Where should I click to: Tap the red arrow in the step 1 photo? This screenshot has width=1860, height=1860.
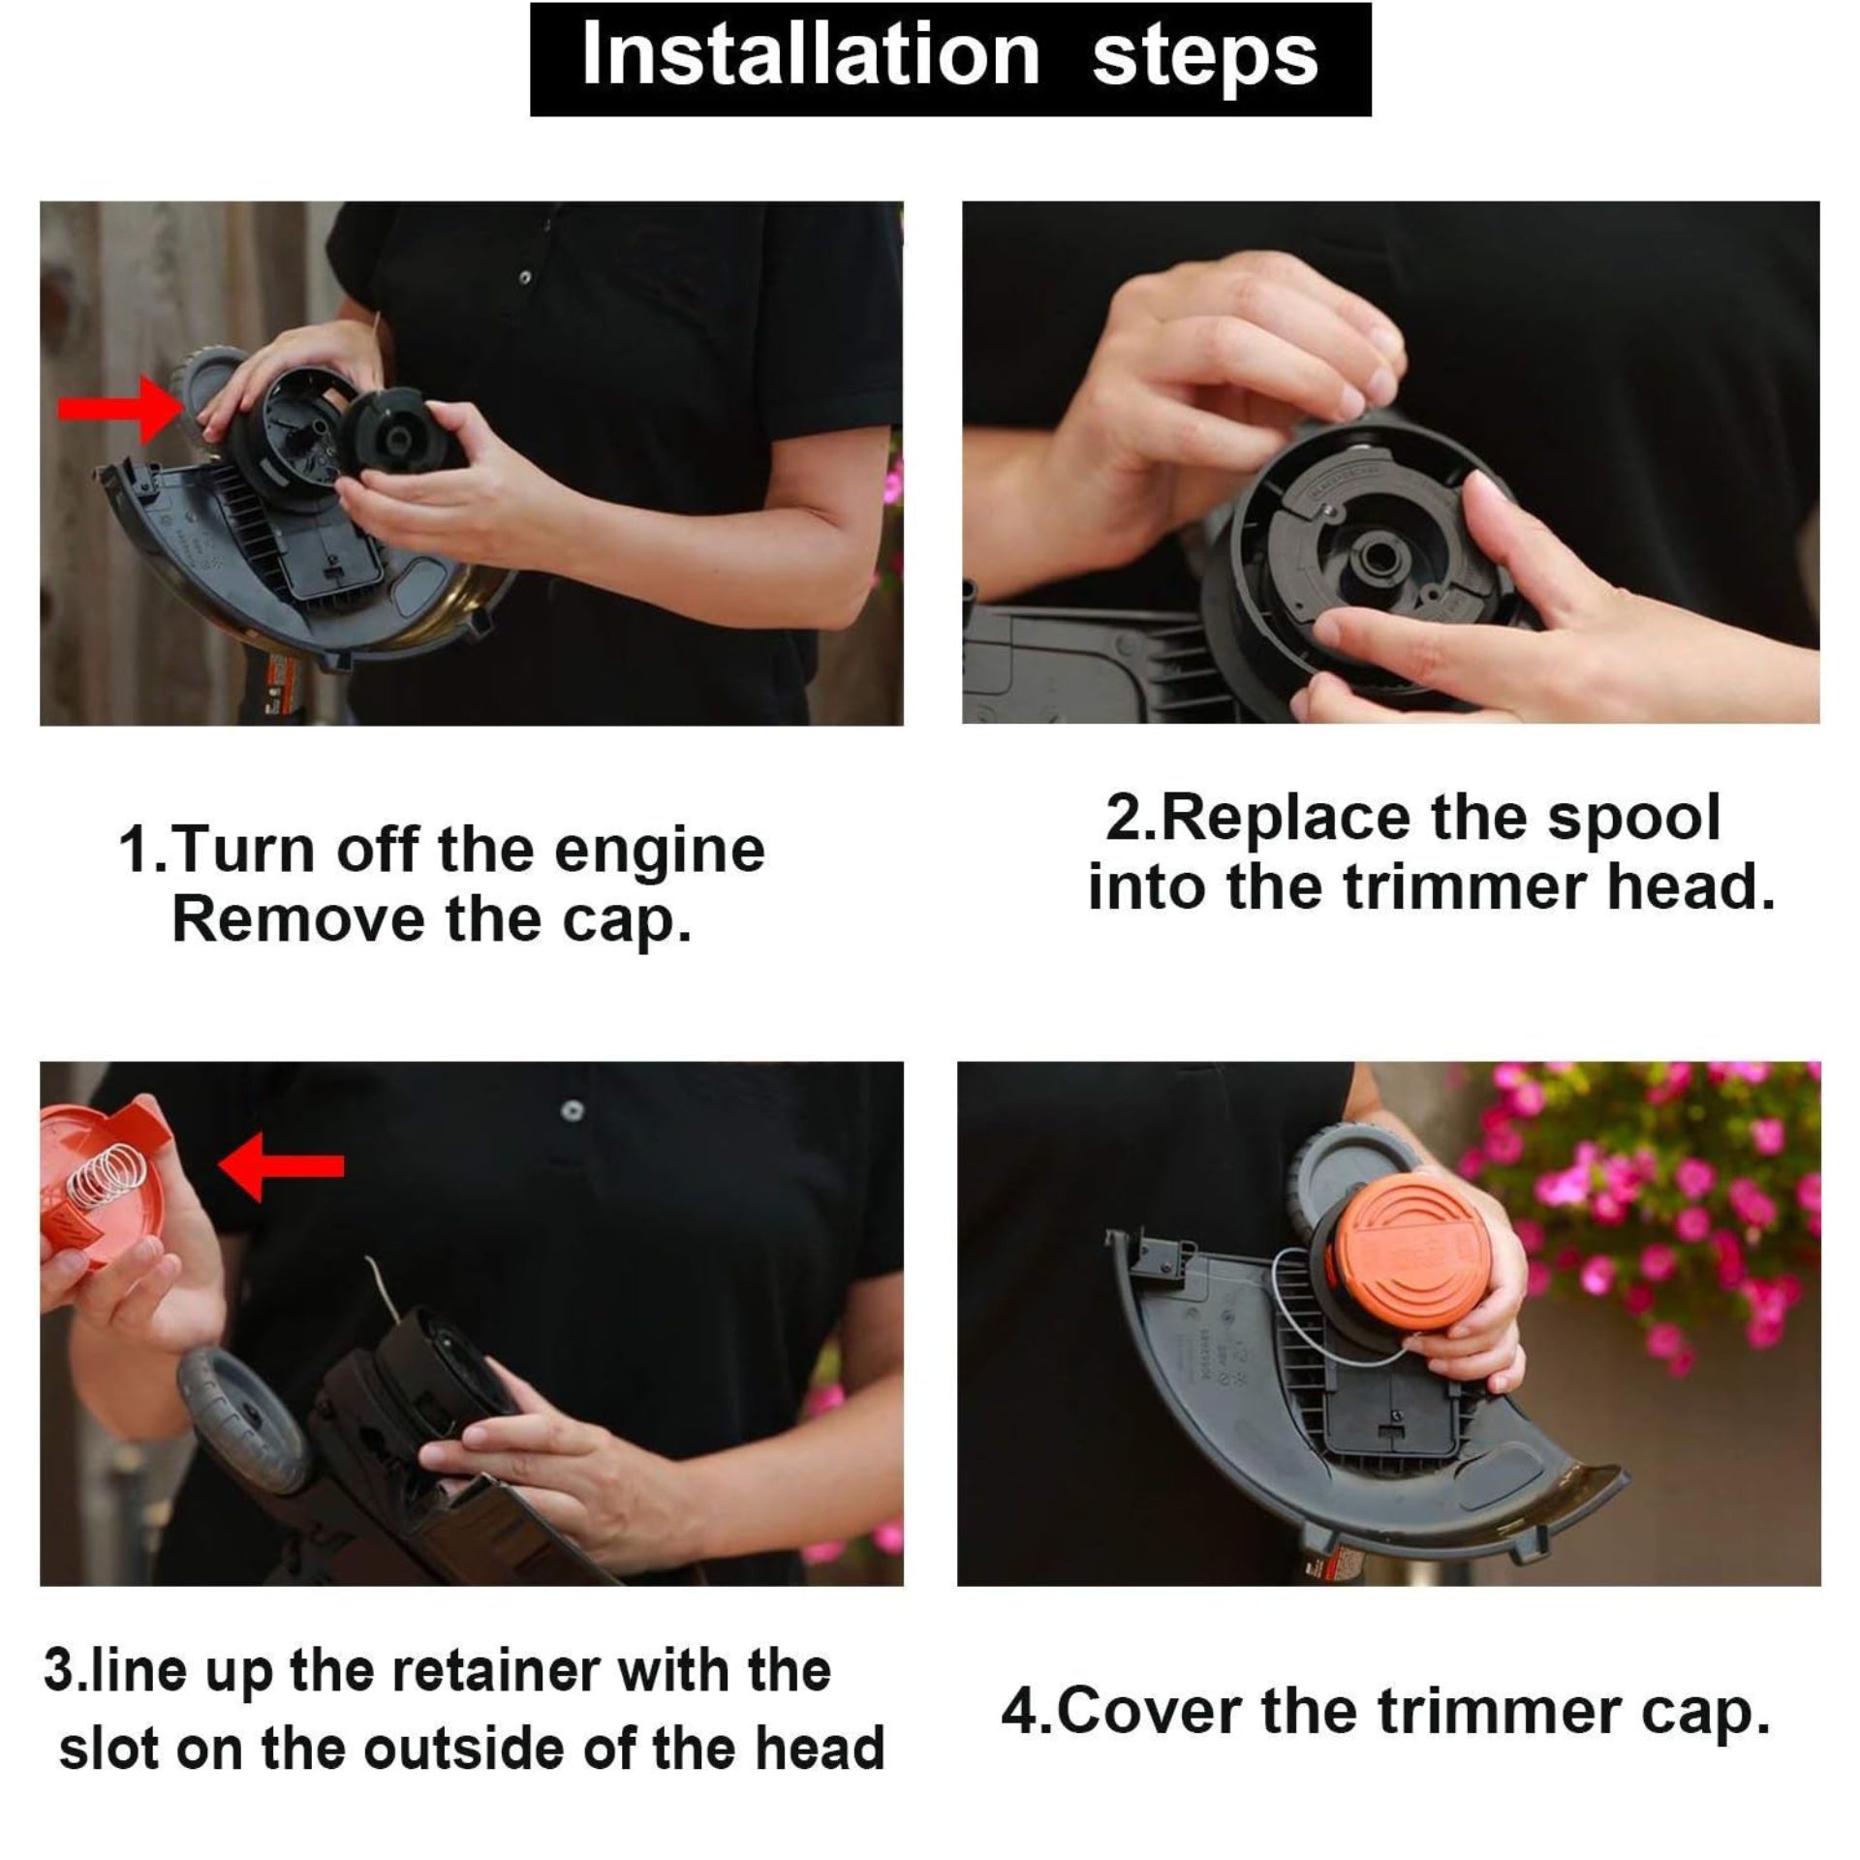pyautogui.click(x=118, y=411)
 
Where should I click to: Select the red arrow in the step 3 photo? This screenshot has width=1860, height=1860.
pyautogui.click(x=281, y=1165)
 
